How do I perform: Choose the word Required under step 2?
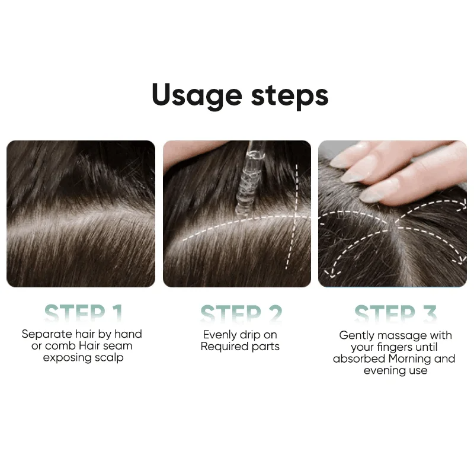pos(224,347)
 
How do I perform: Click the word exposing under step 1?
pos(66,358)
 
